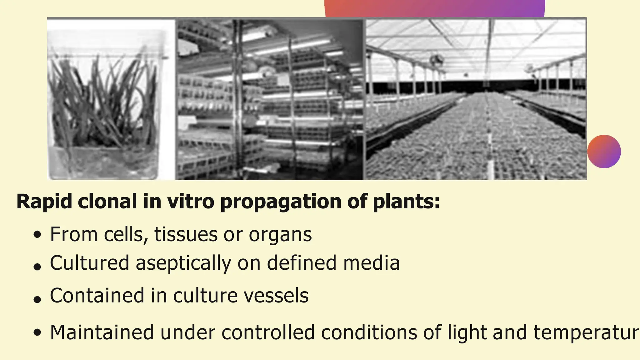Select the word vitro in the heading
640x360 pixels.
(x=191, y=202)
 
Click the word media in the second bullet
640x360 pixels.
(x=372, y=263)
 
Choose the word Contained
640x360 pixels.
(x=97, y=296)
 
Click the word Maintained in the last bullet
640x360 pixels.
(x=102, y=332)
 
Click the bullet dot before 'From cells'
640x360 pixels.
(x=37, y=235)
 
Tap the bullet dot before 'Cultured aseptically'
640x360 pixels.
(x=37, y=267)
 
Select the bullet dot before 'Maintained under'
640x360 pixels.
(x=37, y=332)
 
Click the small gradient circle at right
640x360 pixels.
(x=604, y=152)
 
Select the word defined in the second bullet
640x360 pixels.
(x=301, y=263)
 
